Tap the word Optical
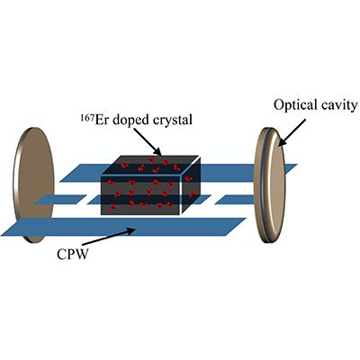pyautogui.click(x=292, y=106)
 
